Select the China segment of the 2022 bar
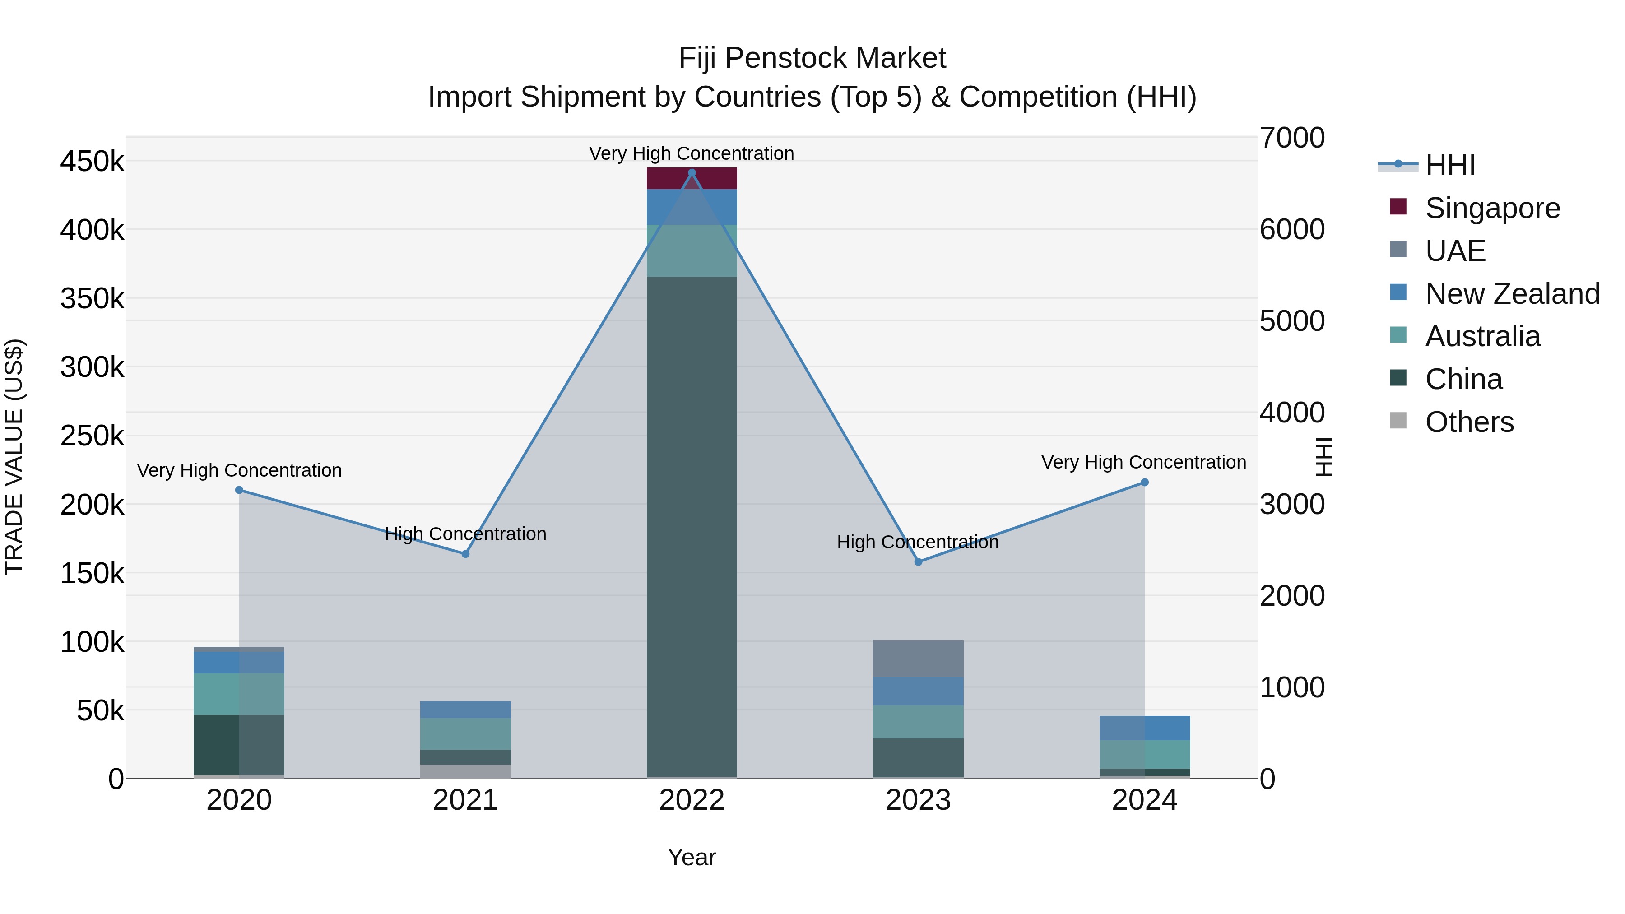point(692,527)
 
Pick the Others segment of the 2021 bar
point(465,771)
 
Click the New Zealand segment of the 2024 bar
point(1144,728)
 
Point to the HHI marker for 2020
point(239,490)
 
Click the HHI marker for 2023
point(919,562)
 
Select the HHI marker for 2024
point(1144,483)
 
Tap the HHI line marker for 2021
point(465,554)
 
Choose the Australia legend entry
point(1482,336)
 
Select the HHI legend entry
point(1449,165)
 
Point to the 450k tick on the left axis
point(92,162)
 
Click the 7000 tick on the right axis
point(1292,138)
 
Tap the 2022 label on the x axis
point(692,800)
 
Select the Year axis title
point(692,857)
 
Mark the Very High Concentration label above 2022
point(692,153)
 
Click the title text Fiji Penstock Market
point(812,58)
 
